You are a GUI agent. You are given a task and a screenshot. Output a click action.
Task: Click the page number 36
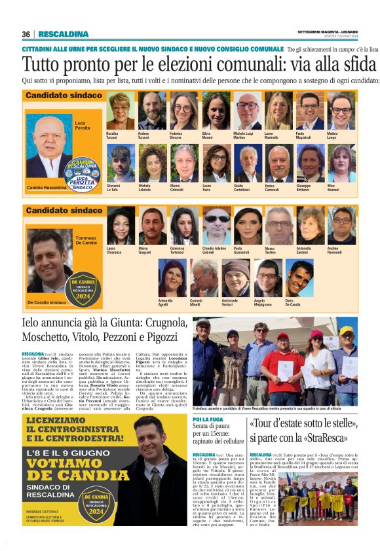(26, 34)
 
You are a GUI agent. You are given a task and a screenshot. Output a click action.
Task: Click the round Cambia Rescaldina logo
(83, 173)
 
